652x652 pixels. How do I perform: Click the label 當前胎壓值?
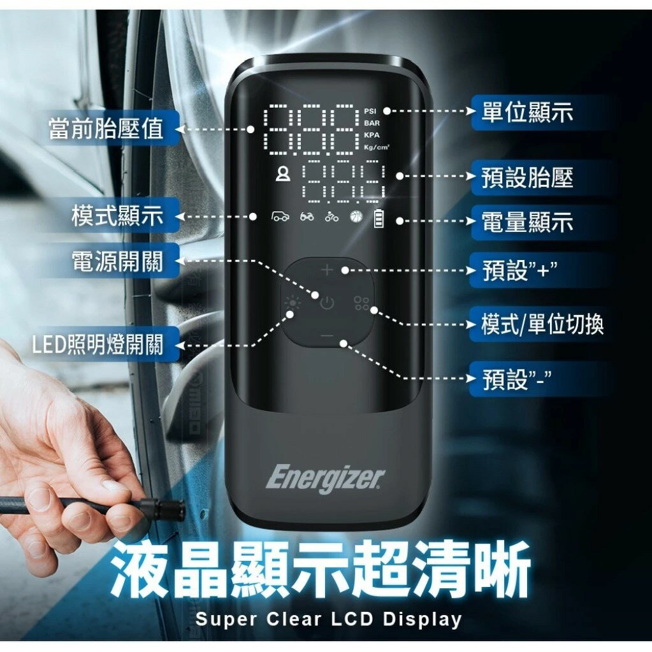pyautogui.click(x=106, y=129)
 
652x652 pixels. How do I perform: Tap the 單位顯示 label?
pyautogui.click(x=527, y=112)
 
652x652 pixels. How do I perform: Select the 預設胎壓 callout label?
pyautogui.click(x=527, y=178)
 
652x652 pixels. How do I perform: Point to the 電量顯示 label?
pyautogui.click(x=527, y=222)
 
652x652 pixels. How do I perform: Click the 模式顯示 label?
pyautogui.click(x=117, y=217)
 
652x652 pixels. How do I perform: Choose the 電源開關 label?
pyautogui.click(x=117, y=261)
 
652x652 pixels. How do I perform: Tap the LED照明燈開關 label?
pyautogui.click(x=98, y=345)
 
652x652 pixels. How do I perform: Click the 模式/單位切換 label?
pyautogui.click(x=542, y=325)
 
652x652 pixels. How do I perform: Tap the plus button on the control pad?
pyautogui.click(x=327, y=270)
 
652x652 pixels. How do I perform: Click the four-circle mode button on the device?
pyautogui.click(x=361, y=303)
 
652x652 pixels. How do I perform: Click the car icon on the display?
pyautogui.click(x=280, y=217)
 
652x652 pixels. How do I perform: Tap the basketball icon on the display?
pyautogui.click(x=355, y=217)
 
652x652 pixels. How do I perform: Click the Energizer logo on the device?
pyautogui.click(x=326, y=478)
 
